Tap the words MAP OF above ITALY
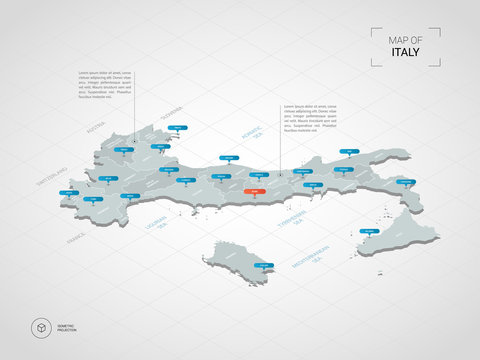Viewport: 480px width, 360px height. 405,39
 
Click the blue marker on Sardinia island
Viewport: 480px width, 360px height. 264,264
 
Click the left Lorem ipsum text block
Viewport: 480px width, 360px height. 104,87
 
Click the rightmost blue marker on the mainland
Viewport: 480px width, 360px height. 406,182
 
